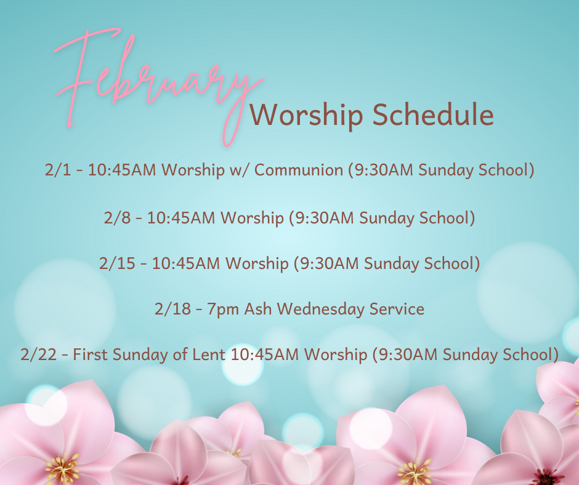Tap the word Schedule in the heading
tap(433, 114)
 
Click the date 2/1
tap(58, 170)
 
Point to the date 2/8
tap(117, 218)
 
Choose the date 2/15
tap(117, 263)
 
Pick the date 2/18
tap(172, 309)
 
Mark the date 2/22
tap(38, 355)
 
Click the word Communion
tap(299, 170)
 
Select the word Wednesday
tap(320, 310)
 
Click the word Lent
tap(209, 355)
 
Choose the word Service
tap(397, 309)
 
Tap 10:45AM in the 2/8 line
tap(181, 218)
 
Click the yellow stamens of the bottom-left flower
tap(62, 468)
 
